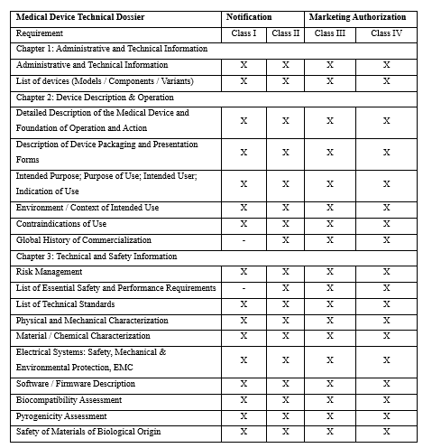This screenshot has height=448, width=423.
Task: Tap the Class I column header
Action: click(x=244, y=33)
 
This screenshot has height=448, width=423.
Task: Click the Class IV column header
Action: click(x=386, y=33)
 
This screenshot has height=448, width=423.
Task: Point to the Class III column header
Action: click(x=329, y=33)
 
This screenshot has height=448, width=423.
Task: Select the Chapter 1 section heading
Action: click(x=112, y=49)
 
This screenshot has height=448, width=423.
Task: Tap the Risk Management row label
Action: click(x=50, y=272)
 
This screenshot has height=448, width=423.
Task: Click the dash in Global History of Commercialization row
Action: click(x=244, y=240)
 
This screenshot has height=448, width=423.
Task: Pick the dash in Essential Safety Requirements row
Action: click(x=244, y=288)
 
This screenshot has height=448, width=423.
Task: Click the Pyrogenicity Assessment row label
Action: click(x=61, y=416)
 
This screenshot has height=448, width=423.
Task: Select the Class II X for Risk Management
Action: click(x=285, y=272)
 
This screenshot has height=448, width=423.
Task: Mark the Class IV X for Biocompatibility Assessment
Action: click(x=386, y=400)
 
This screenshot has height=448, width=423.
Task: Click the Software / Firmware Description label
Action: click(x=76, y=384)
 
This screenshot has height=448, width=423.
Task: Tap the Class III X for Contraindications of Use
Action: click(x=329, y=224)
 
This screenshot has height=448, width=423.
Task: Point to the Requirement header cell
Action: click(x=41, y=33)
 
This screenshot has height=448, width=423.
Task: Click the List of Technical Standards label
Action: click(x=66, y=304)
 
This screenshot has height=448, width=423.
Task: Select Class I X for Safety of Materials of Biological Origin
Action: click(x=244, y=432)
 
